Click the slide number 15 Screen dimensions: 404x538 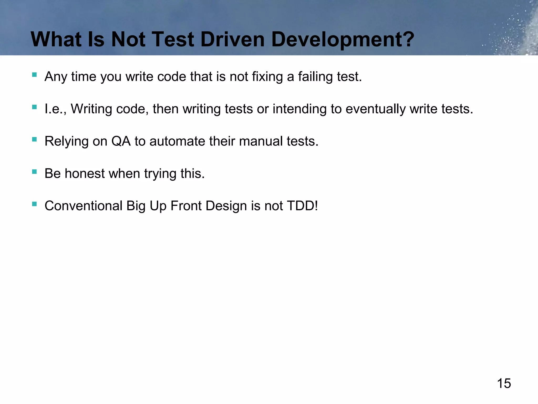point(504,383)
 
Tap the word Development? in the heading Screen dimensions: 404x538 point(343,40)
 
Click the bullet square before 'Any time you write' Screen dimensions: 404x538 point(34,75)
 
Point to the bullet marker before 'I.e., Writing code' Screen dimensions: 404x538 point(34,107)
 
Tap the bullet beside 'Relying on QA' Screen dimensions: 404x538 point(34,139)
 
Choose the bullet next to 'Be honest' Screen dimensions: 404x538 point(34,172)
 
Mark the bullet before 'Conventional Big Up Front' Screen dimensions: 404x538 point(34,204)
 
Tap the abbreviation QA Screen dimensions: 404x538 point(121,142)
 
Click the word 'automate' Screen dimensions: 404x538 point(177,142)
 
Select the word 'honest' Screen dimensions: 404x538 point(85,174)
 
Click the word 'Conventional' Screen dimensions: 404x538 point(84,206)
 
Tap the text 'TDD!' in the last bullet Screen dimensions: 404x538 point(302,206)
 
